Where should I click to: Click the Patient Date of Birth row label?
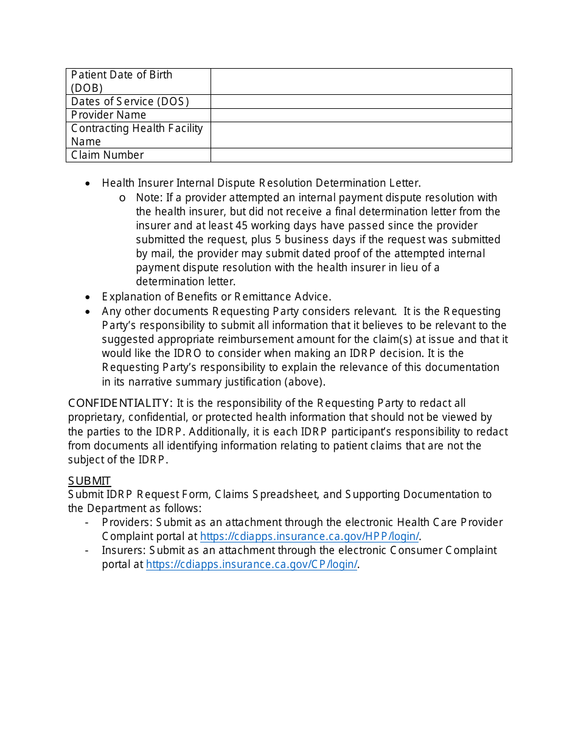pyautogui.click(x=122, y=81)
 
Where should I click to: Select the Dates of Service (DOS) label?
pyautogui.click(x=130, y=102)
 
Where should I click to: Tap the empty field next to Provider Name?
pyautogui.click(x=361, y=115)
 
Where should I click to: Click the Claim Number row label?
pyautogui.click(x=108, y=155)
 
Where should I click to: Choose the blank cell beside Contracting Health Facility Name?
pyautogui.click(x=361, y=135)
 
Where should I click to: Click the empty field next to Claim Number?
pyautogui.click(x=361, y=155)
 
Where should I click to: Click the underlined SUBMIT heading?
pyautogui.click(x=89, y=481)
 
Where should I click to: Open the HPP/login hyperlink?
pyautogui.click(x=309, y=536)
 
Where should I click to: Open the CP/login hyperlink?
pyautogui.click(x=251, y=564)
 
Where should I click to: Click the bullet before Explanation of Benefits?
pyautogui.click(x=88, y=297)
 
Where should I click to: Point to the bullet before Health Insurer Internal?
pyautogui.click(x=88, y=184)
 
